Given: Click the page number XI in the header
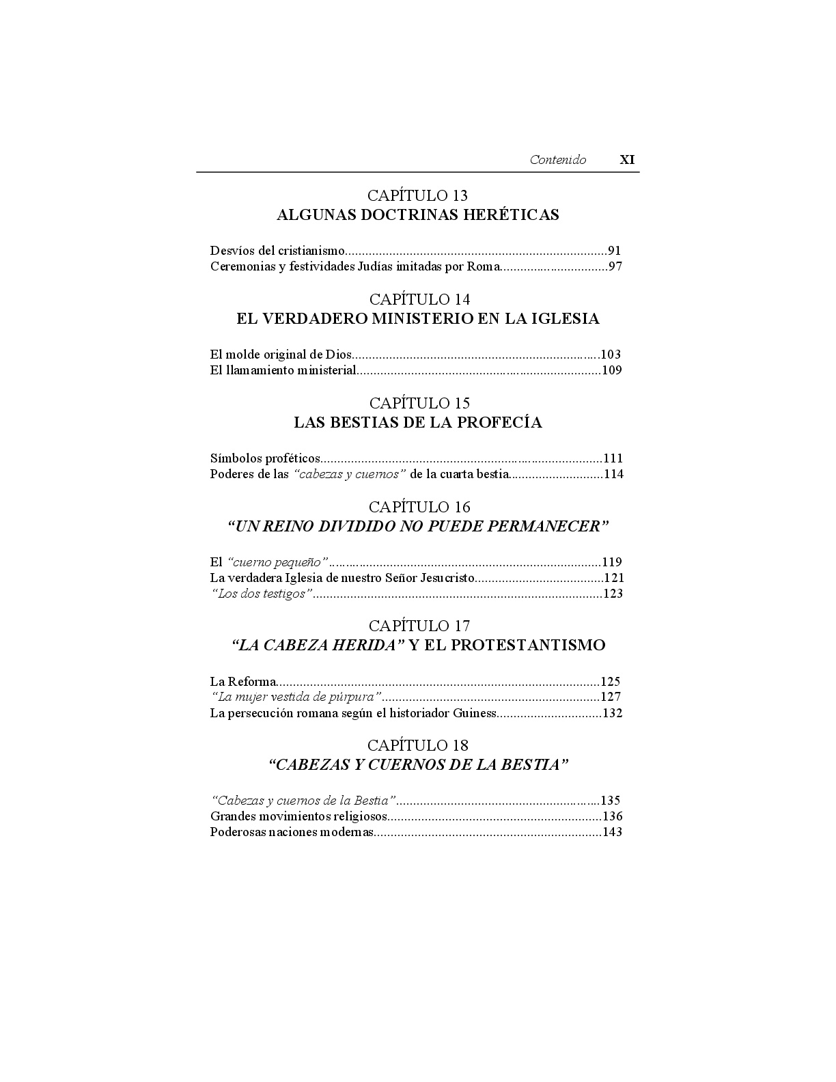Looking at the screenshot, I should pos(626,160).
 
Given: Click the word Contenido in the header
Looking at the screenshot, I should pos(557,160).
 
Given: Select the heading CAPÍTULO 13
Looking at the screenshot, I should pos(417,196).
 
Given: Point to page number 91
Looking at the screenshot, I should pos(614,251).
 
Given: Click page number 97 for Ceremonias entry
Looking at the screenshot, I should pos(615,266).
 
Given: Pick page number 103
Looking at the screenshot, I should pos(611,355).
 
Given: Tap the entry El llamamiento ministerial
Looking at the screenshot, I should pos(283,371).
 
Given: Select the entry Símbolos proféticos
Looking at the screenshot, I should pos(265,458).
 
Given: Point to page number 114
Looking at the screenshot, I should pos(613,474).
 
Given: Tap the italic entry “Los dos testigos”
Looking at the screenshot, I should pos(261,594).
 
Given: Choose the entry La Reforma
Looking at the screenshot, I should pos(242,682).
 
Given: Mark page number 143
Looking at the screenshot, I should pos(611,833).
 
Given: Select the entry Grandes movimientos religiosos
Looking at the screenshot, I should pos(298,816).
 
